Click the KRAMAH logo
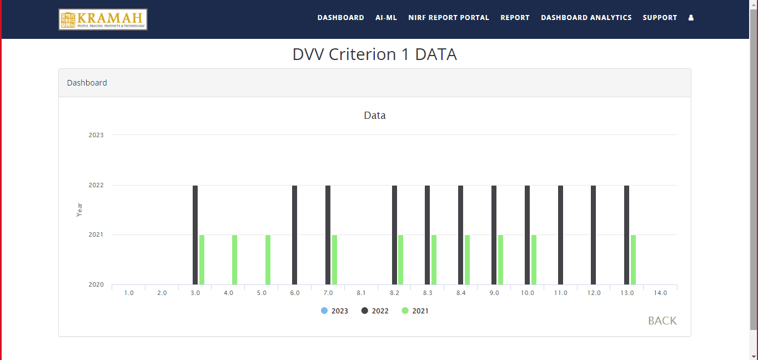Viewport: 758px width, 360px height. click(x=103, y=19)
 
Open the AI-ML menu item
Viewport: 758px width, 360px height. click(x=386, y=18)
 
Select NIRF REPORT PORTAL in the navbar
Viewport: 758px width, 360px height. click(x=449, y=18)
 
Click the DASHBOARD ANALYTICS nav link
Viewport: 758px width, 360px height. click(x=586, y=18)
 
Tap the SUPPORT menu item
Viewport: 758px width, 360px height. click(x=660, y=18)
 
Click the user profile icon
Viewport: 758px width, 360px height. click(x=691, y=18)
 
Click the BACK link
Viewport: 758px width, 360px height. click(x=662, y=321)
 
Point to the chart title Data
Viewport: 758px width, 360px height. click(x=375, y=116)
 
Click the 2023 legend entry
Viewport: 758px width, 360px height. click(x=335, y=311)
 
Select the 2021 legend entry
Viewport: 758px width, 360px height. click(x=415, y=311)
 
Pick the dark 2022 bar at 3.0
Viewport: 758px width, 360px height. click(x=195, y=234)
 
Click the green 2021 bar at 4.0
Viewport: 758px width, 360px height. click(x=235, y=259)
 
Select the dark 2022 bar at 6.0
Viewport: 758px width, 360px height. click(x=295, y=234)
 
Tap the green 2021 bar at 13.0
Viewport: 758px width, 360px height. click(x=633, y=259)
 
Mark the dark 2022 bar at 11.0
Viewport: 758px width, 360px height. click(x=560, y=234)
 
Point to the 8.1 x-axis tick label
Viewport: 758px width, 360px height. click(x=361, y=293)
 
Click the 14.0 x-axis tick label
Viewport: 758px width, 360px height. click(x=660, y=293)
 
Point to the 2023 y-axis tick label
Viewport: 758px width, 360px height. click(x=96, y=135)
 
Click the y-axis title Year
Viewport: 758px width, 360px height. click(x=79, y=209)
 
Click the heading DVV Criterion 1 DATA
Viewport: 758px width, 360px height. click(x=375, y=54)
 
